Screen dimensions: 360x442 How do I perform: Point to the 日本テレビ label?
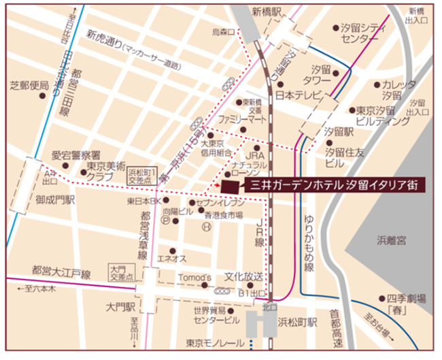[x=297, y=95]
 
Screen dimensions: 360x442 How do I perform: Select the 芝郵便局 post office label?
[x=29, y=86]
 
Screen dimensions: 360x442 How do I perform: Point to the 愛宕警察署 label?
[x=76, y=155]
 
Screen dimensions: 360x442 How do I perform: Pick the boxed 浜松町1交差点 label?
[x=143, y=176]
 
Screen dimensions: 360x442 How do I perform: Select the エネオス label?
[x=172, y=259]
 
